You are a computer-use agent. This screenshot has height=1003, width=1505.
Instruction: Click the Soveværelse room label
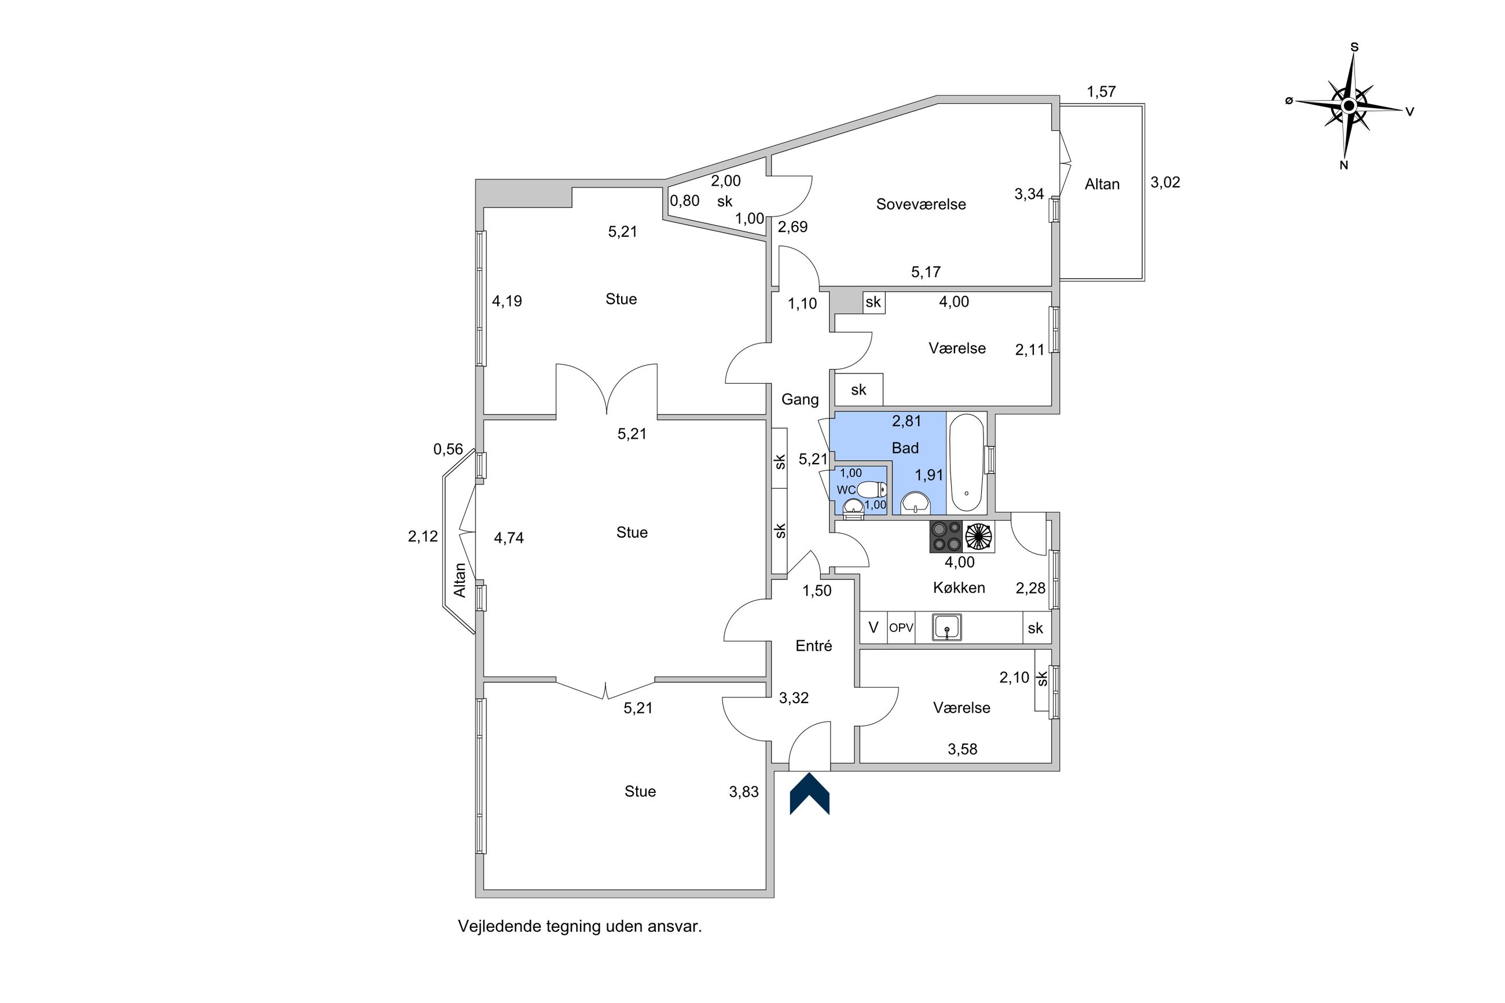click(x=920, y=204)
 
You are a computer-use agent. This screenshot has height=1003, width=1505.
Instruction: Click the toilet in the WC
click(x=872, y=490)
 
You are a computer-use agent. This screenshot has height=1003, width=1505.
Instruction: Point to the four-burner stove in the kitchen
click(x=946, y=536)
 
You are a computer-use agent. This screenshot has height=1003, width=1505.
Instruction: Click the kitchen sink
click(x=946, y=627)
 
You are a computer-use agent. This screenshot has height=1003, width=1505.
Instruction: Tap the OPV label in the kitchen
click(x=901, y=627)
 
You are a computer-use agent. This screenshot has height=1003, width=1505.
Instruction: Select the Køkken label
click(x=959, y=587)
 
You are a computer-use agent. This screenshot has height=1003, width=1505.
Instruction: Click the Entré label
click(x=814, y=645)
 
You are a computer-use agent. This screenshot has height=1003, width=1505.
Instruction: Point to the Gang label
click(x=799, y=399)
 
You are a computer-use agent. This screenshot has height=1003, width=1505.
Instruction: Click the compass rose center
click(x=1348, y=105)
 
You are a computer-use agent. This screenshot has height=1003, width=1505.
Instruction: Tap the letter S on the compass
click(x=1354, y=47)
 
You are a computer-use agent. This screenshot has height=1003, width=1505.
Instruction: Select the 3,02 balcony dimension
click(x=1165, y=182)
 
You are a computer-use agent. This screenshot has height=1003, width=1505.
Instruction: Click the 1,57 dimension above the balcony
click(x=1101, y=91)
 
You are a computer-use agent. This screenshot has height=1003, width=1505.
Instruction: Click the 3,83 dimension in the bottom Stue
click(x=743, y=791)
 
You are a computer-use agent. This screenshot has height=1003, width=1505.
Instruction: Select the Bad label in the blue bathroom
click(x=905, y=448)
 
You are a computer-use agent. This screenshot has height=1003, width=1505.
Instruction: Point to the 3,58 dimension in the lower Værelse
click(x=962, y=749)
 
